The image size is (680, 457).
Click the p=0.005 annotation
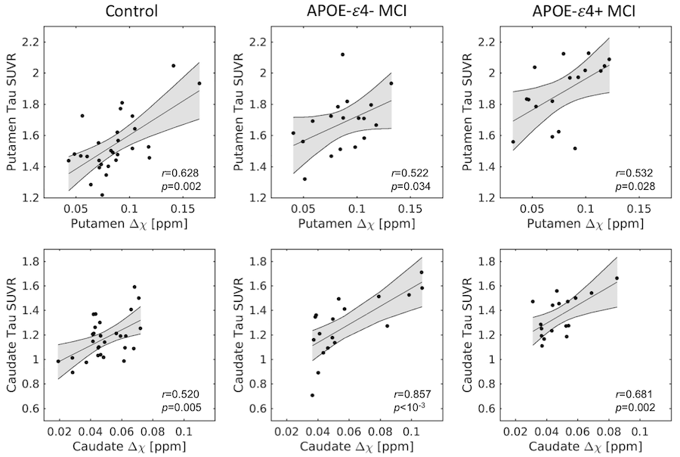pos(181,408)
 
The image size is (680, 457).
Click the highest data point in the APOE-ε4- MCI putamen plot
pos(342,54)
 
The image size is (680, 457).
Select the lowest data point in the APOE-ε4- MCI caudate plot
pos(312,395)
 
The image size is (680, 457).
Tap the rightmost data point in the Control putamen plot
pos(199,83)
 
